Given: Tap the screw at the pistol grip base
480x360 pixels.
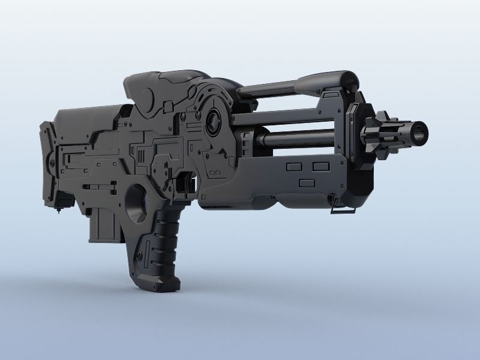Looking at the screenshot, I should click(141, 256).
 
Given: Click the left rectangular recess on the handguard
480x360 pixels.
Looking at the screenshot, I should click(294, 166).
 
